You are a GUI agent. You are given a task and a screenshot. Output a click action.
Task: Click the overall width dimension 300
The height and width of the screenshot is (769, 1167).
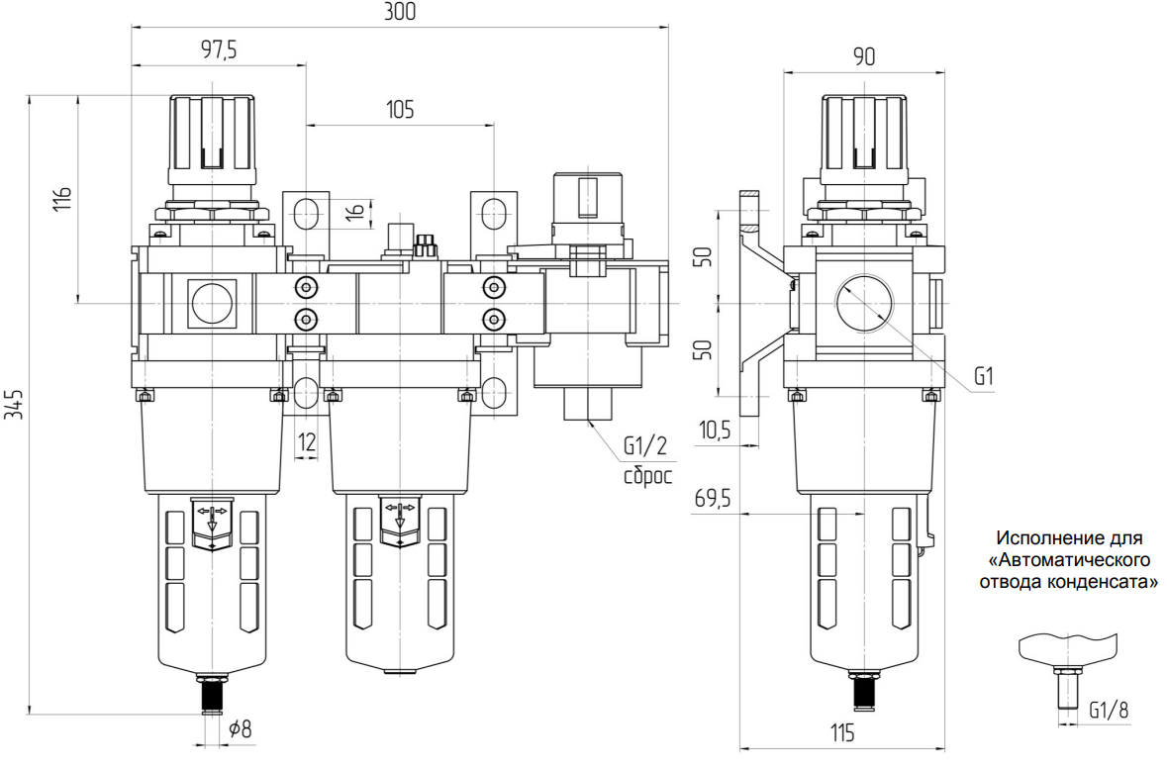(x=400, y=11)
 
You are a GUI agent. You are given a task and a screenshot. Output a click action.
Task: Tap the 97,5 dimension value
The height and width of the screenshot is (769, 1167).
(x=219, y=50)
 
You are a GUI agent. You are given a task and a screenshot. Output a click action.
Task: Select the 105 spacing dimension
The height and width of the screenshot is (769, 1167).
(x=400, y=110)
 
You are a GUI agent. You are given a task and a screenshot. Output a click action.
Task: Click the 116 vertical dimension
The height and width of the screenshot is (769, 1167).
(x=63, y=199)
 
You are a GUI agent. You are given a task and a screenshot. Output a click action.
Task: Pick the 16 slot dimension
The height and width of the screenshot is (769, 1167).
(x=357, y=212)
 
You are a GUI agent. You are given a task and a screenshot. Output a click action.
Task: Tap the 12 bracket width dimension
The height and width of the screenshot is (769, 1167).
(x=307, y=443)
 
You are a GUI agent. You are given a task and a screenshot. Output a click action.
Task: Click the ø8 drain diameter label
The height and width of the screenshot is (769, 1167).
(x=240, y=728)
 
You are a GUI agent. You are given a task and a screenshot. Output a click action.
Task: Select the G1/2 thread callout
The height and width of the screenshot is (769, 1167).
(x=645, y=446)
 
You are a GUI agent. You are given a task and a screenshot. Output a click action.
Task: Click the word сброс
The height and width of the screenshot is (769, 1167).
(x=647, y=475)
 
